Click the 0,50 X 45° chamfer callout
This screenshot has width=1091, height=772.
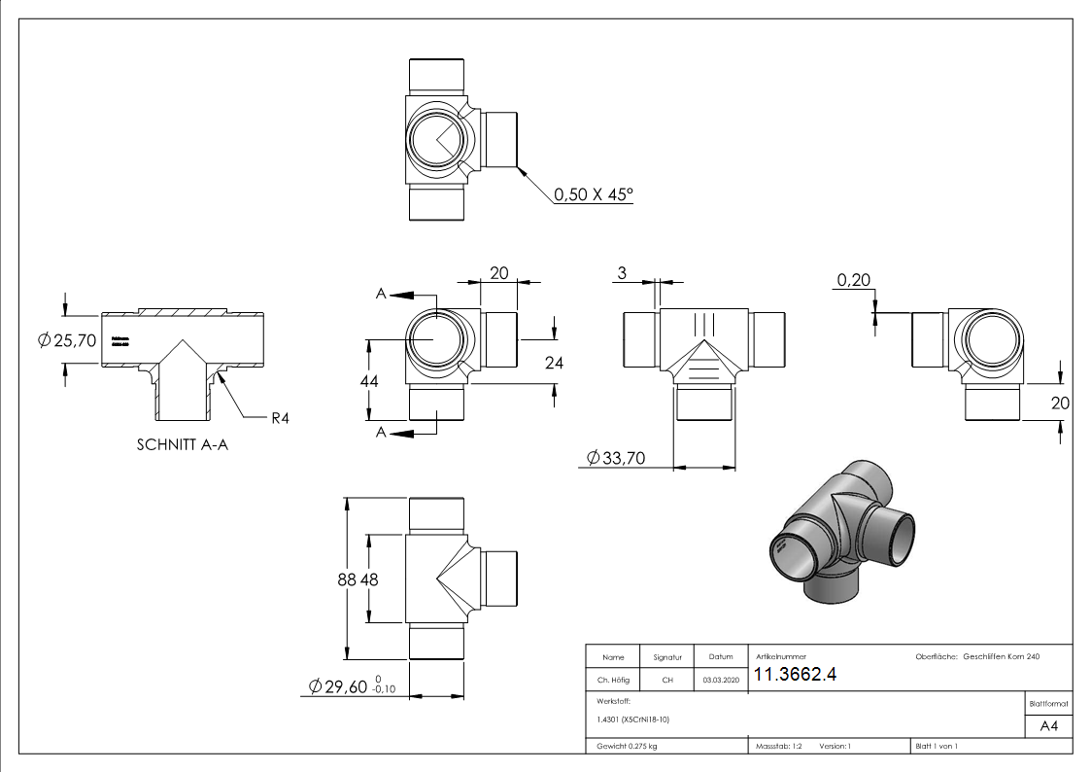593,194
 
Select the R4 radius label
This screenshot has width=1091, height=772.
281,418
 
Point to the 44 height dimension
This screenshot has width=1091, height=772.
369,381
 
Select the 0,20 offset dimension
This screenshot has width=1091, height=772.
854,281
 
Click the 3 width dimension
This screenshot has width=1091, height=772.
621,274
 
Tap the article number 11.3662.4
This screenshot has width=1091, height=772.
795,676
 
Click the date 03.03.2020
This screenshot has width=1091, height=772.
720,680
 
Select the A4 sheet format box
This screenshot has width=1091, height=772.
1048,725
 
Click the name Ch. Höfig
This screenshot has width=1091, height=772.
612,680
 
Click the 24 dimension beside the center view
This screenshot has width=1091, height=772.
554,363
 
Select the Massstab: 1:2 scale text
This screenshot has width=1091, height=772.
779,746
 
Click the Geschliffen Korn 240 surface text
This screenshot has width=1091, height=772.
1002,657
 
